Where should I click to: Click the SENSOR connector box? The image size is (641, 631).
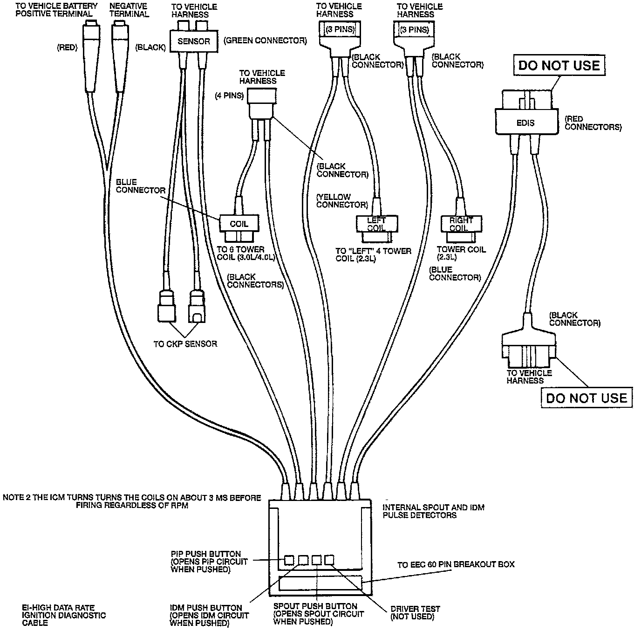(x=194, y=41)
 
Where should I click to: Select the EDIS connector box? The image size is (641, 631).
(x=526, y=123)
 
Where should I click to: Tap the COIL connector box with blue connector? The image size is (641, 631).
(x=239, y=224)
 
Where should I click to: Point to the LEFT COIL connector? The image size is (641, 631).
(x=376, y=224)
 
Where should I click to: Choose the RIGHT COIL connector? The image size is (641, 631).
(x=461, y=224)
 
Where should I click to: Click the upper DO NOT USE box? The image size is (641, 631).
(x=559, y=65)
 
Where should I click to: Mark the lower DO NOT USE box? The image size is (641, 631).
(x=586, y=398)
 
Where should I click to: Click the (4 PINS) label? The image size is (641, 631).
(x=229, y=96)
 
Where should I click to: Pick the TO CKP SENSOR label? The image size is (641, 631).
(x=185, y=344)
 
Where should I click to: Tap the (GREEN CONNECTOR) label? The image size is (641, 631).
(x=265, y=41)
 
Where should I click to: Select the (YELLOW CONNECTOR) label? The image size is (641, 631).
(x=341, y=201)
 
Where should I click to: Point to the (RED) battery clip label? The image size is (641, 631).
(x=67, y=47)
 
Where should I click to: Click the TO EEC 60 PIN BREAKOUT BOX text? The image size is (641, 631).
(x=456, y=564)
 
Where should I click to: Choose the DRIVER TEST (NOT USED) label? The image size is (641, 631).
(x=415, y=613)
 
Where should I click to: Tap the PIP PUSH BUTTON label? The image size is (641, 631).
(x=206, y=554)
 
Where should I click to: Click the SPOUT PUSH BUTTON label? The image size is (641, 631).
(x=315, y=606)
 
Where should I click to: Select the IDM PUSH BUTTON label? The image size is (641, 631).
(x=205, y=608)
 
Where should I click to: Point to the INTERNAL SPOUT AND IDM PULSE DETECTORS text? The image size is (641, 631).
(x=433, y=511)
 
